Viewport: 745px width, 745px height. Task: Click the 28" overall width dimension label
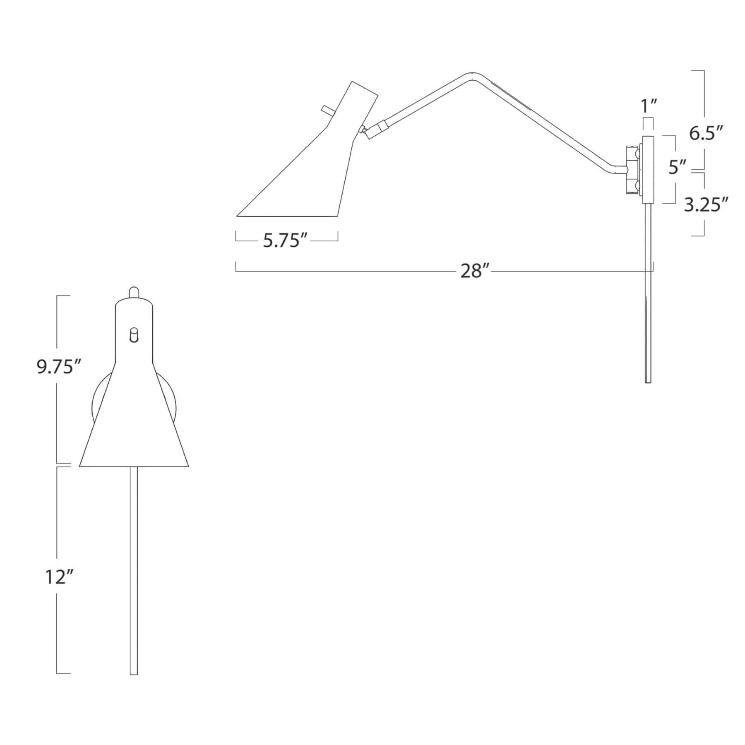(472, 272)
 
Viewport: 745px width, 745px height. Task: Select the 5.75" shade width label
(287, 240)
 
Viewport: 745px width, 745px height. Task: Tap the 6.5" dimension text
(707, 133)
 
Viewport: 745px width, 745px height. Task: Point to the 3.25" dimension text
(706, 204)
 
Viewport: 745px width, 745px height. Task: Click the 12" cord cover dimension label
(56, 577)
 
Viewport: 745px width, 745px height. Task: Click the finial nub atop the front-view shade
(134, 292)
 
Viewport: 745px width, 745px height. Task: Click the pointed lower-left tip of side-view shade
(238, 215)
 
